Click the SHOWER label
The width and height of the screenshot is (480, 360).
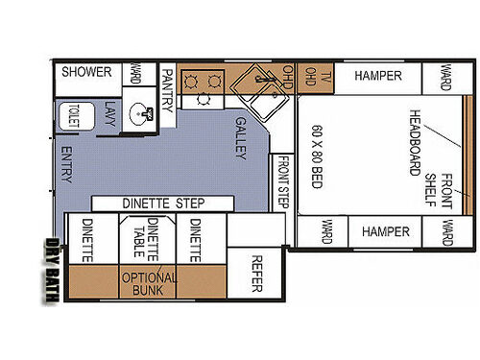pos(87,73)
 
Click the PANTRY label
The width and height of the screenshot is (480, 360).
pos(167,89)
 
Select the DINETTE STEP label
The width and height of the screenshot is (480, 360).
pos(164,204)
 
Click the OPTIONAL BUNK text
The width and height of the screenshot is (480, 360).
pos(150,282)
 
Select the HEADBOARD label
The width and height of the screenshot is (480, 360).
pos(416,142)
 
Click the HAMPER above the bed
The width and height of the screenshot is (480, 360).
pos(376,76)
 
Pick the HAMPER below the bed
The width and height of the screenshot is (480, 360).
pos(385,232)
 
